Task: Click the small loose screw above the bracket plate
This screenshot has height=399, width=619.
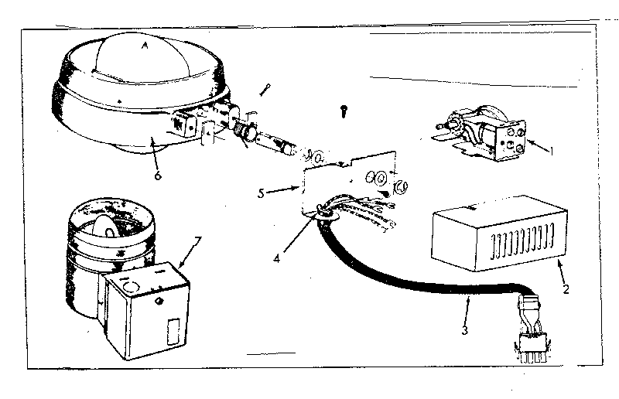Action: [x=344, y=112]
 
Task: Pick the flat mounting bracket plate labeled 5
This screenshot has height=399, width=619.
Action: [x=340, y=182]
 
